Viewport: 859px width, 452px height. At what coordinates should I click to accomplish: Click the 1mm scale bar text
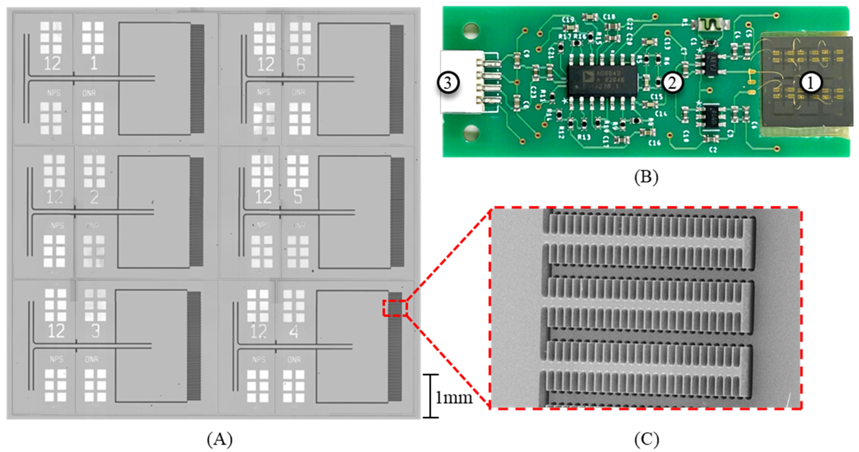tap(454, 398)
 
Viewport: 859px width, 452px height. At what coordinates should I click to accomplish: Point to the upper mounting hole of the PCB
tap(471, 31)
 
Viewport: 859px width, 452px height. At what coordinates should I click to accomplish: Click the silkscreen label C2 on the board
tap(713, 150)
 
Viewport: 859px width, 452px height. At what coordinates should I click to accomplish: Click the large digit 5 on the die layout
tap(298, 196)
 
